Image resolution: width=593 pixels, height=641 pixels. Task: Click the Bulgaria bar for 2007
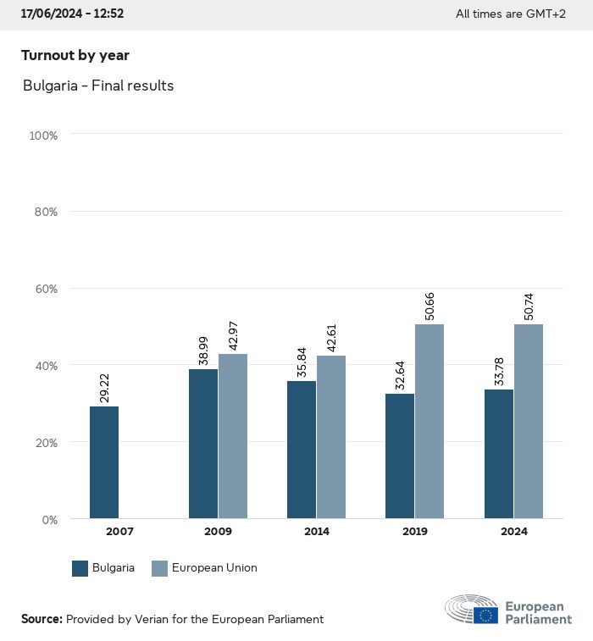point(104,462)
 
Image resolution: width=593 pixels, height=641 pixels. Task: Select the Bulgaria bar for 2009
point(203,444)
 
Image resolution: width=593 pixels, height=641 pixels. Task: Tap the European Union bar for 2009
point(233,436)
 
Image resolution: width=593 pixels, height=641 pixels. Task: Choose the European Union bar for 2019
point(430,421)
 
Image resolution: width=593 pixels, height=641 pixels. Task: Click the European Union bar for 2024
point(528,421)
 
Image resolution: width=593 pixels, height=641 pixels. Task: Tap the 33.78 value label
point(499,368)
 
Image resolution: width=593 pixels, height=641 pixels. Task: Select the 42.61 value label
point(331,334)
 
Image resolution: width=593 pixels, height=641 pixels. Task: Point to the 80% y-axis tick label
point(43,212)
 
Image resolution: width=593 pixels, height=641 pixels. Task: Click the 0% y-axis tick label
point(47,519)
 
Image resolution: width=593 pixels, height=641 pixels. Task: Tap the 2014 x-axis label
point(316,532)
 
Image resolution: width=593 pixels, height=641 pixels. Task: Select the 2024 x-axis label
point(513,532)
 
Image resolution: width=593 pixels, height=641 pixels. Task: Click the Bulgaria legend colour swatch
point(80,568)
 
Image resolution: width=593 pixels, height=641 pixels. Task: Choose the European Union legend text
point(214,568)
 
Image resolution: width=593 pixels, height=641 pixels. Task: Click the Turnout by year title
point(75,55)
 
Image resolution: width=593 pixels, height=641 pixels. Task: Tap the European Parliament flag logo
point(485,615)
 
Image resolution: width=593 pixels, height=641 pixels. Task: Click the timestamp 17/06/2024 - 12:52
point(72,14)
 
